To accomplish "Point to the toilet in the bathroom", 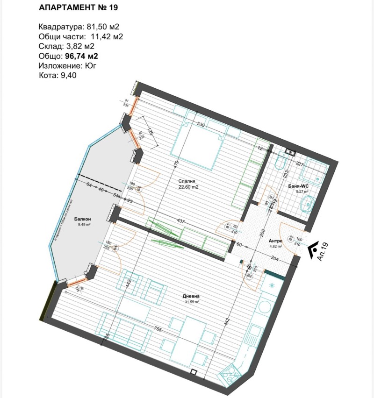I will [281, 163].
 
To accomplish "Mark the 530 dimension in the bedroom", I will [201, 125].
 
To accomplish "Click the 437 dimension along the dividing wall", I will [180, 221].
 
